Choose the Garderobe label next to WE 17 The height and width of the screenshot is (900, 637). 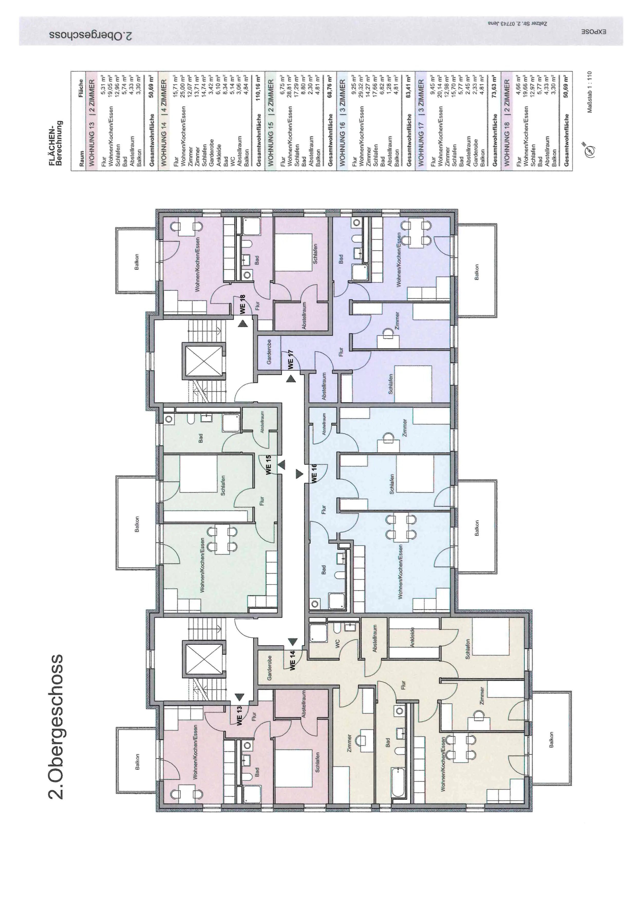click(x=269, y=352)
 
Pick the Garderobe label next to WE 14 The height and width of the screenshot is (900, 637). click(x=269, y=667)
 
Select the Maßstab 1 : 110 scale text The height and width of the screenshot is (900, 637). click(x=589, y=92)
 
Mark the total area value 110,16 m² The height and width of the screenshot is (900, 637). click(x=258, y=88)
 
